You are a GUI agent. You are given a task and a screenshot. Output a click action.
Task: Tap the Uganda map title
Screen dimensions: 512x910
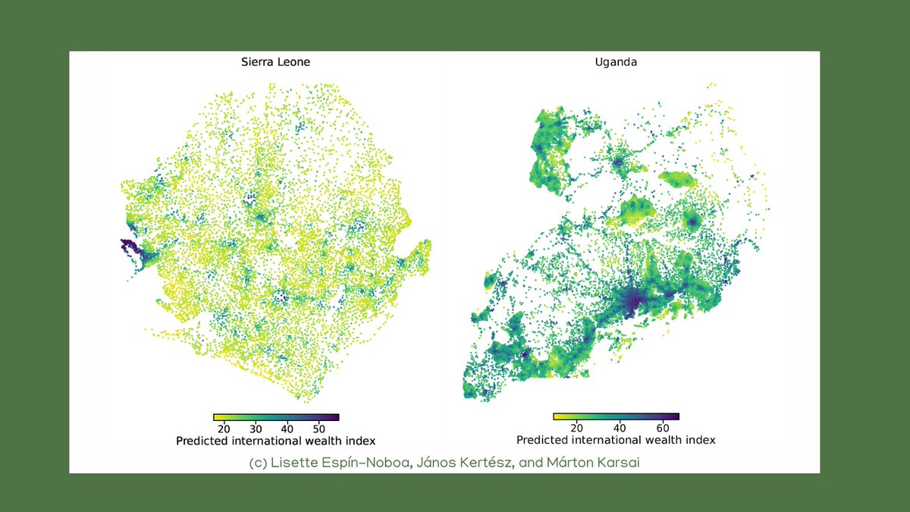[x=616, y=62]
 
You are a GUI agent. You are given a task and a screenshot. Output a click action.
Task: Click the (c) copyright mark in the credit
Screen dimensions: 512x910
[x=258, y=463]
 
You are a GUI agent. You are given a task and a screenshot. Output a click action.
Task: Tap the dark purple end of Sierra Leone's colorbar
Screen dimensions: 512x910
[x=334, y=417]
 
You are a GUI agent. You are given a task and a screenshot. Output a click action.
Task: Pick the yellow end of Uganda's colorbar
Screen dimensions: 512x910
[x=559, y=416]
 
